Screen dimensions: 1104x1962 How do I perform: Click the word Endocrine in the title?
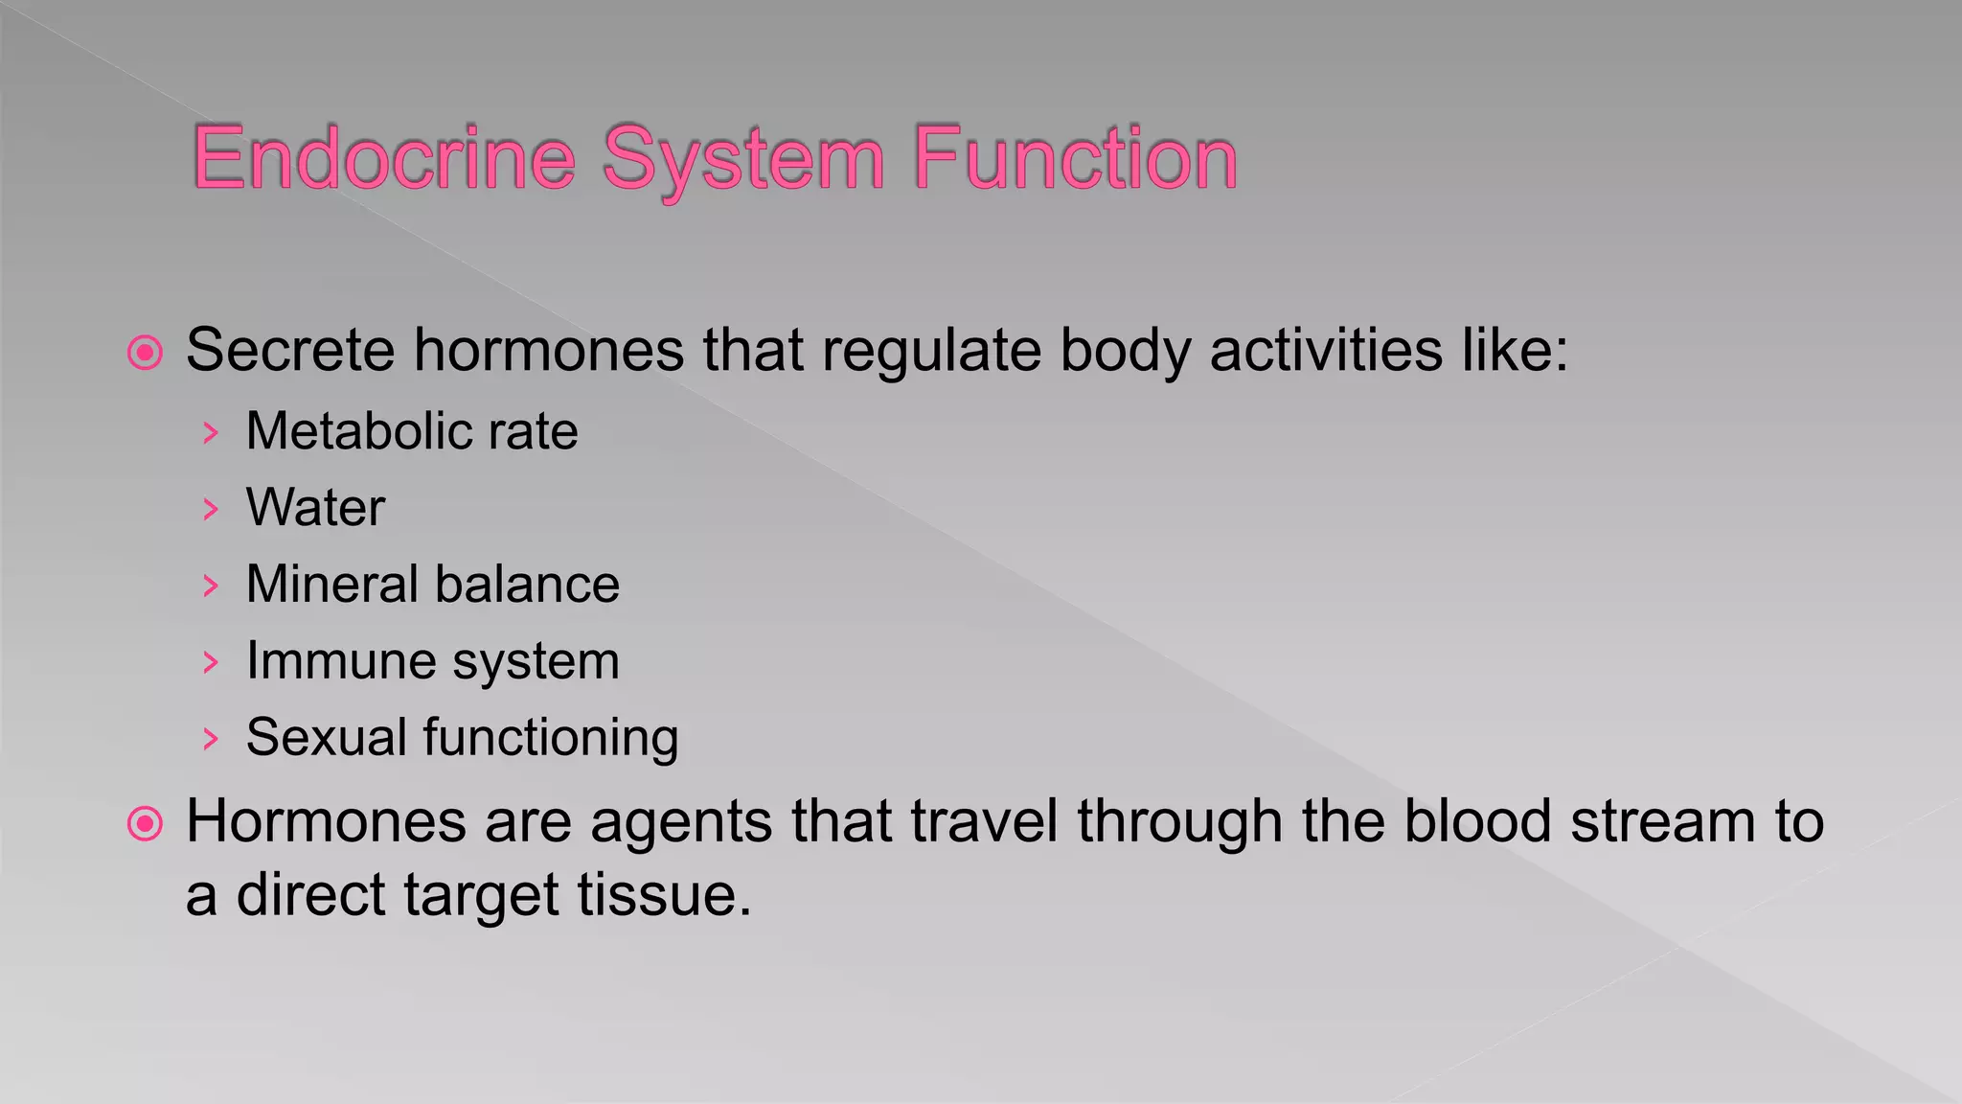coord(383,158)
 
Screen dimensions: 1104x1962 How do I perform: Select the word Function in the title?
coord(1075,158)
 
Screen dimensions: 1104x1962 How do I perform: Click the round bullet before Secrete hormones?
coord(146,354)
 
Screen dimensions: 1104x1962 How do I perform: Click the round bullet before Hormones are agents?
coord(146,824)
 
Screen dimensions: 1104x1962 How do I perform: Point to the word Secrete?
coord(289,350)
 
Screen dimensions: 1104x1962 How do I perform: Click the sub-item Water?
coord(315,508)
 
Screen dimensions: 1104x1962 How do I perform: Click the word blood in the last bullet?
coord(1476,822)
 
